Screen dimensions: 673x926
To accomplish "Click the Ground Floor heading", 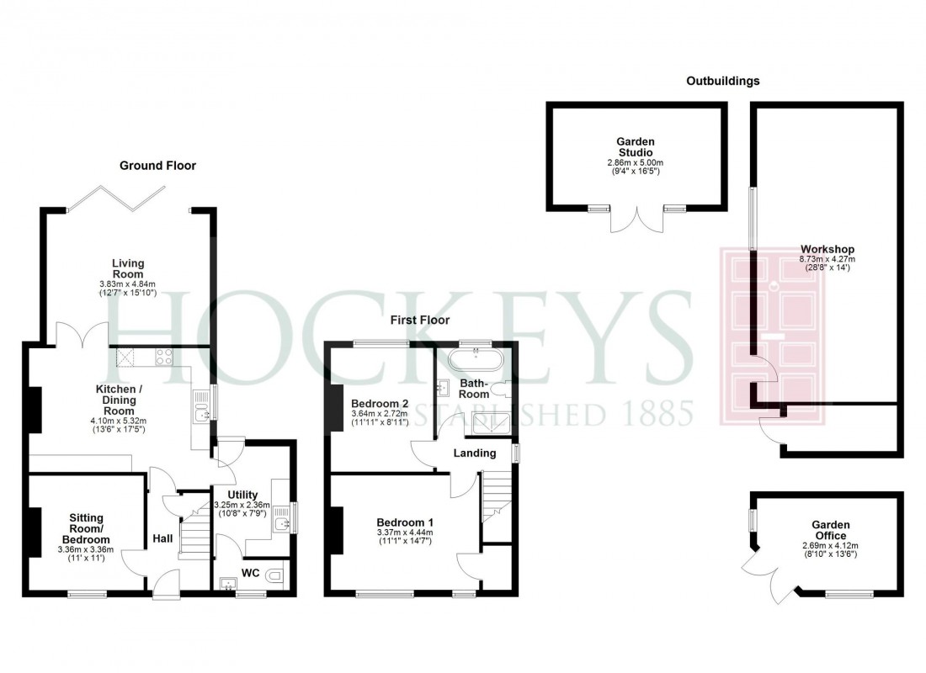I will (x=157, y=166).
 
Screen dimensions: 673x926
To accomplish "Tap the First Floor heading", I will (x=419, y=321).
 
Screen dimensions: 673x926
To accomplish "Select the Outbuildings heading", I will (x=722, y=82).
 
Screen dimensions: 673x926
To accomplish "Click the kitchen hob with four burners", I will (x=162, y=358).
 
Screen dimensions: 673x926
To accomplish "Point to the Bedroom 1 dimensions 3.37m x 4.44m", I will (x=404, y=532).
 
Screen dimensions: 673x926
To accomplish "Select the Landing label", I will (x=472, y=453).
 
